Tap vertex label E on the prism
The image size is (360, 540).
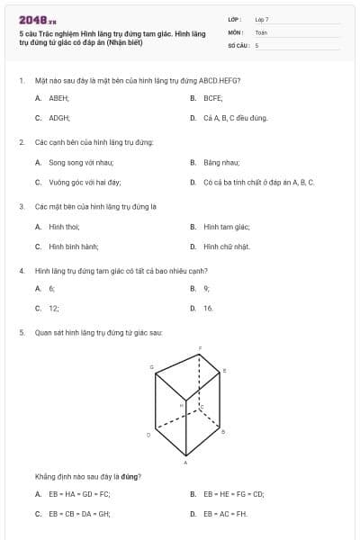[224, 370]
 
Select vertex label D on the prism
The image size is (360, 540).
[148, 434]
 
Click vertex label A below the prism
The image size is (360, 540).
[185, 463]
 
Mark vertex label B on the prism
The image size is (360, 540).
[223, 432]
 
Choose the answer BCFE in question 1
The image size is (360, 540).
[212, 97]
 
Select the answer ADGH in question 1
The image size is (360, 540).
[59, 117]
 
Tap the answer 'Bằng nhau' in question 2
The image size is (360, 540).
[221, 162]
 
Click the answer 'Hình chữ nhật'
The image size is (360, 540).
[227, 246]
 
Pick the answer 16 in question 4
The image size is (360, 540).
[208, 308]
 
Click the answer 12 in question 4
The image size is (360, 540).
[53, 308]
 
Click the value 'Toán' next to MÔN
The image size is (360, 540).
[261, 31]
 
